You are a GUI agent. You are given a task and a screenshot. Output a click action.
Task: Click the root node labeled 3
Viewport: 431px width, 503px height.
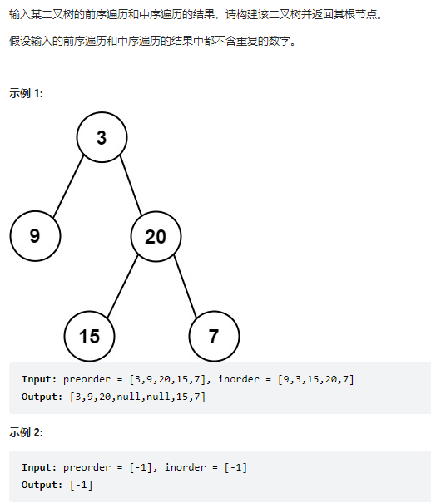pos(102,137)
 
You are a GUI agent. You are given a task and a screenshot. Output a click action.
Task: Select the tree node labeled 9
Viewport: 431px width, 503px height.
pos(35,236)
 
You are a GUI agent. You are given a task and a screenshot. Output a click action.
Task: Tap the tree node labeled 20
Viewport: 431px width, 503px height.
pos(156,236)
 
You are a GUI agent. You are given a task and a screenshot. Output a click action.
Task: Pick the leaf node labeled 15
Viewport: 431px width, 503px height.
pos(90,336)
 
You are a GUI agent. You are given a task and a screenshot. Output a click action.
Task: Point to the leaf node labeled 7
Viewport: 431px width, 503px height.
pos(214,336)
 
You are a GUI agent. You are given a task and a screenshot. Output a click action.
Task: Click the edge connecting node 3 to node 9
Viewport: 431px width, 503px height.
pos(68,186)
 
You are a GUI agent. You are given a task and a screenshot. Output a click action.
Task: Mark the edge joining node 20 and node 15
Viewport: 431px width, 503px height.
pos(122,286)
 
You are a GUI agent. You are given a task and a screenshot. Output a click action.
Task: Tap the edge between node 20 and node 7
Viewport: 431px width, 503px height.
pos(186,286)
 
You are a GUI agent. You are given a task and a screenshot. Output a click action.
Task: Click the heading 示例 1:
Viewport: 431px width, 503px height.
pos(26,93)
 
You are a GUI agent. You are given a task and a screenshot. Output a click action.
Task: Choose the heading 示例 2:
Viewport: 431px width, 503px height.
pos(26,432)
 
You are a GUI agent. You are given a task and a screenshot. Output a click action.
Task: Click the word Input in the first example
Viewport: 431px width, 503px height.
pos(37,379)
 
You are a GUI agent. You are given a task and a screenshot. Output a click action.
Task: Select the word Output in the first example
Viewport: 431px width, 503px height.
pos(39,397)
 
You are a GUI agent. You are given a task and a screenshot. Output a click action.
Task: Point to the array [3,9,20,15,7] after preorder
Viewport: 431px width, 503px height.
pos(167,379)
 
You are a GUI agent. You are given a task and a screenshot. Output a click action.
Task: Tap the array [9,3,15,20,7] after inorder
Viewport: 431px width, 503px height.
pos(316,379)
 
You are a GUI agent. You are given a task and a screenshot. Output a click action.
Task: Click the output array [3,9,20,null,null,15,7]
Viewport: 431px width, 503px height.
pos(137,397)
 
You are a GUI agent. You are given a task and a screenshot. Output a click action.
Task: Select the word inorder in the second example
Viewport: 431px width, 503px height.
pos(186,467)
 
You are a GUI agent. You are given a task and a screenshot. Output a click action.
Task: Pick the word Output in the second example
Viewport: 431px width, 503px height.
pos(39,485)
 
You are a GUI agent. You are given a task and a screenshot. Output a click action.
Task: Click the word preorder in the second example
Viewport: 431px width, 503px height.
pos(87,467)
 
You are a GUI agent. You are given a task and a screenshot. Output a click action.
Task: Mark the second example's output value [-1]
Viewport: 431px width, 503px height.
pos(82,485)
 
